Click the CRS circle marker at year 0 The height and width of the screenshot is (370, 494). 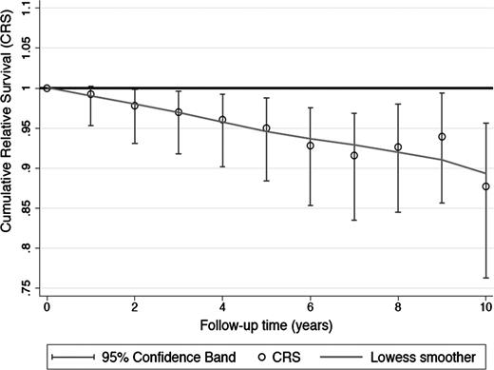pyautogui.click(x=47, y=88)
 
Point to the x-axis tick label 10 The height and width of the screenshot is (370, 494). pyautogui.click(x=485, y=309)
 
